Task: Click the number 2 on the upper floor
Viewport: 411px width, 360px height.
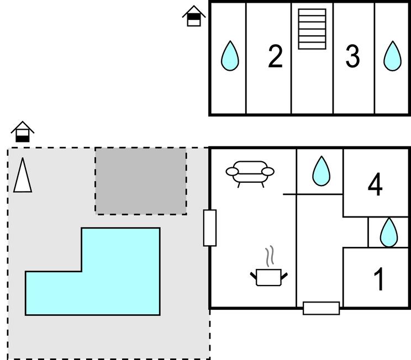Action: click(275, 57)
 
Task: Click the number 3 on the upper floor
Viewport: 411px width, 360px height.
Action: click(352, 57)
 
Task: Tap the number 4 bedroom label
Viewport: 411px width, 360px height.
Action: click(375, 185)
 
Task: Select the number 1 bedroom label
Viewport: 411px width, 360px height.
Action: click(379, 279)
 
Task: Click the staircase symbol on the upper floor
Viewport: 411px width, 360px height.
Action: click(312, 29)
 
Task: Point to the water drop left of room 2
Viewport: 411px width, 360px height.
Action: click(230, 56)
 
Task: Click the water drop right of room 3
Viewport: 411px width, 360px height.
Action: click(392, 56)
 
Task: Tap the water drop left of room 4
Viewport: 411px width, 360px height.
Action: click(320, 171)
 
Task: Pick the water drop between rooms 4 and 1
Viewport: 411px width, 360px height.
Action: click(389, 232)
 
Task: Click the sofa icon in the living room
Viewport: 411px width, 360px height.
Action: click(250, 172)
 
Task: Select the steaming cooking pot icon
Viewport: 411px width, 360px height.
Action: click(269, 276)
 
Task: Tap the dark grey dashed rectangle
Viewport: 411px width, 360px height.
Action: click(141, 181)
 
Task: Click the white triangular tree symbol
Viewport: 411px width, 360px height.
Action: click(22, 176)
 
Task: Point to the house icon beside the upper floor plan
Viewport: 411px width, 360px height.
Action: click(194, 16)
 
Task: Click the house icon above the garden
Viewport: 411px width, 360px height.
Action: click(23, 132)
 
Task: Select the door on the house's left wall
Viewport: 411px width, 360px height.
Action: click(210, 227)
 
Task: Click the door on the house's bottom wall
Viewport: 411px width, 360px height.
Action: click(321, 308)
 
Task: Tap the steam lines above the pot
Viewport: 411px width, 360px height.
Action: click(269, 256)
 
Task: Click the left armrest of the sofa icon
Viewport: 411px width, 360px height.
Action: click(232, 172)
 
